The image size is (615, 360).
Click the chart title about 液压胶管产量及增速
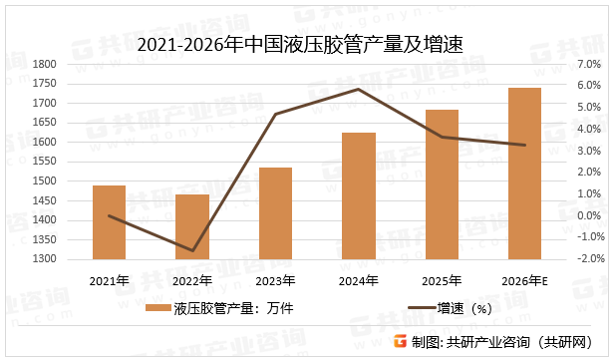tap(307, 43)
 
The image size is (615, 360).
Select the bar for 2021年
tap(110, 222)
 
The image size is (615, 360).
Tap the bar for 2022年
tap(192, 227)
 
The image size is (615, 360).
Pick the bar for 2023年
tap(275, 213)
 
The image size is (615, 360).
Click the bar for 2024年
tap(359, 196)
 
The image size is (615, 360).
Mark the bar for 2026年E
tap(524, 174)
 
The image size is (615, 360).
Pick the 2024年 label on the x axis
tap(359, 280)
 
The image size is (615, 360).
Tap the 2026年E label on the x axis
tap(524, 280)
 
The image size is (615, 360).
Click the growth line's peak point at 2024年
tap(359, 89)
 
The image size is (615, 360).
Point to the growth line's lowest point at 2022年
tap(192, 250)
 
